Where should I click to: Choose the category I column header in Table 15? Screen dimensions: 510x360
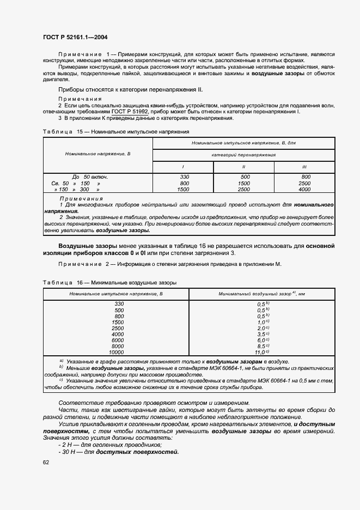[x=182, y=167]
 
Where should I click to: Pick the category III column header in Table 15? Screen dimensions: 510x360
[x=304, y=167]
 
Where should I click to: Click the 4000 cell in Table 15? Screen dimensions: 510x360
[x=304, y=190]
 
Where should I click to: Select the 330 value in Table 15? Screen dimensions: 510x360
[x=184, y=177]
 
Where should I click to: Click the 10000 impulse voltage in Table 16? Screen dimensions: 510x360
[x=117, y=352]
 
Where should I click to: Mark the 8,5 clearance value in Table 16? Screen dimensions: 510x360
[x=263, y=346]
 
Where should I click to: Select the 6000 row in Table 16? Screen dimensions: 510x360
[x=117, y=340]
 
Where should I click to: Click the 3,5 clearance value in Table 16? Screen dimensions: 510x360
[x=263, y=334]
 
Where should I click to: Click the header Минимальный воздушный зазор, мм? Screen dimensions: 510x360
[x=261, y=294]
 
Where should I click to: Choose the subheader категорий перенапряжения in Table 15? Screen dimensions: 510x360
[x=243, y=155]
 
